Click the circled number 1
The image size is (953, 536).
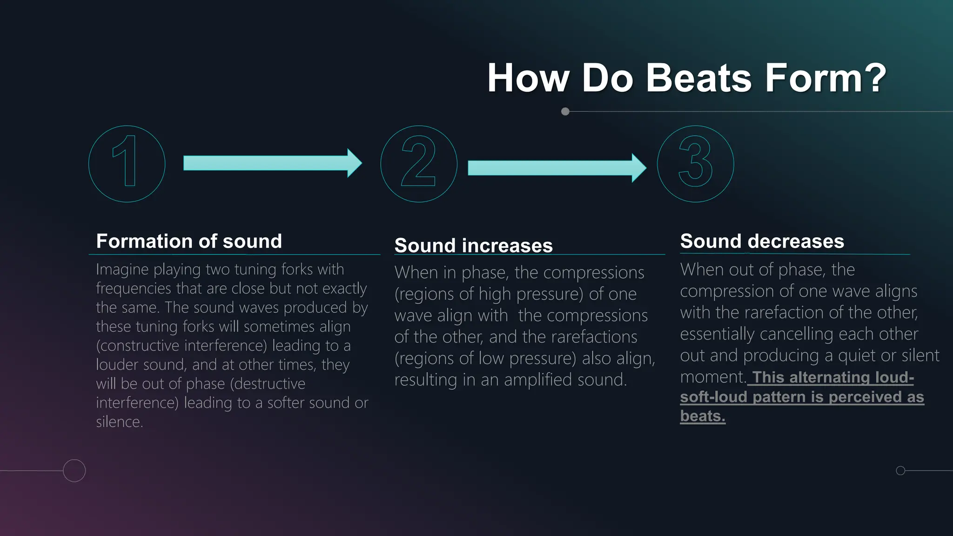tap(127, 164)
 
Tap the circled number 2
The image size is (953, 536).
tap(419, 164)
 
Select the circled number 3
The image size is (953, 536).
tap(695, 164)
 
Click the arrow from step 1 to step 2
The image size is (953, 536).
tap(272, 163)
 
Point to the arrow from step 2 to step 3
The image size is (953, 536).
tap(557, 168)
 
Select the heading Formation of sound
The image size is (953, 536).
tap(189, 241)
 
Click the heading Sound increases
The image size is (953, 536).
tap(473, 246)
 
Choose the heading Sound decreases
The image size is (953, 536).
tap(762, 241)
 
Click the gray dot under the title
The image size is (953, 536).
tap(565, 112)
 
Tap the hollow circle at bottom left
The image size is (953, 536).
tap(74, 470)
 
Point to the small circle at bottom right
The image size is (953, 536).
tap(900, 470)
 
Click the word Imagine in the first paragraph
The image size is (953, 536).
tap(122, 269)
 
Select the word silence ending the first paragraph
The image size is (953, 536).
tap(119, 422)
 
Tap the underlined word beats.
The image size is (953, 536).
tap(702, 416)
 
